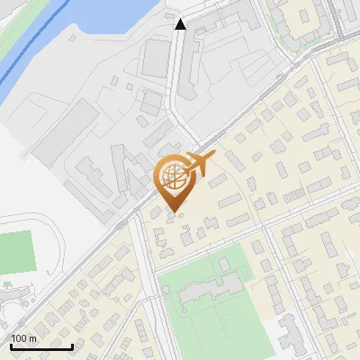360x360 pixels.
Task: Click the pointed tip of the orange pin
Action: (174, 211)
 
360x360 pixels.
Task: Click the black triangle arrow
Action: (181, 24)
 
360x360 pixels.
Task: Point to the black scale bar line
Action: (40, 346)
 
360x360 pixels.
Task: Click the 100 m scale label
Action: (24, 338)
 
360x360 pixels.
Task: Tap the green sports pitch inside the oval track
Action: (15, 252)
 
